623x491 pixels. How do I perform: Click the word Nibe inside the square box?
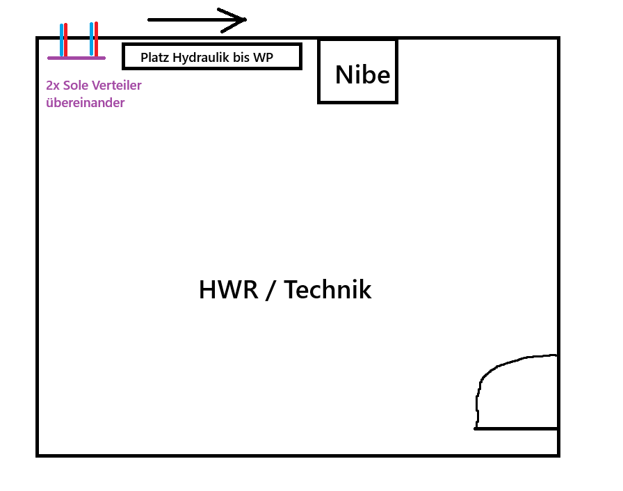tap(362, 74)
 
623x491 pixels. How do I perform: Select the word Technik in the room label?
tap(327, 289)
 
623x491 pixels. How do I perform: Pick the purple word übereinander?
tap(86, 103)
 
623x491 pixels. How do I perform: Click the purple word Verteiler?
tap(117, 86)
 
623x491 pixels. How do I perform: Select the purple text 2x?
tap(53, 86)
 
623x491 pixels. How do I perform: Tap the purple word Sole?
tap(76, 86)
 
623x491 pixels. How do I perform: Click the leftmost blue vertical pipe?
tap(61, 40)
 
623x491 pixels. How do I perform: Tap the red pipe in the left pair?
tap(66, 40)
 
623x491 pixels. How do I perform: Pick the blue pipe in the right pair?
tap(91, 40)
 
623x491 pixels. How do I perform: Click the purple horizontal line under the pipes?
tap(76, 57)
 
